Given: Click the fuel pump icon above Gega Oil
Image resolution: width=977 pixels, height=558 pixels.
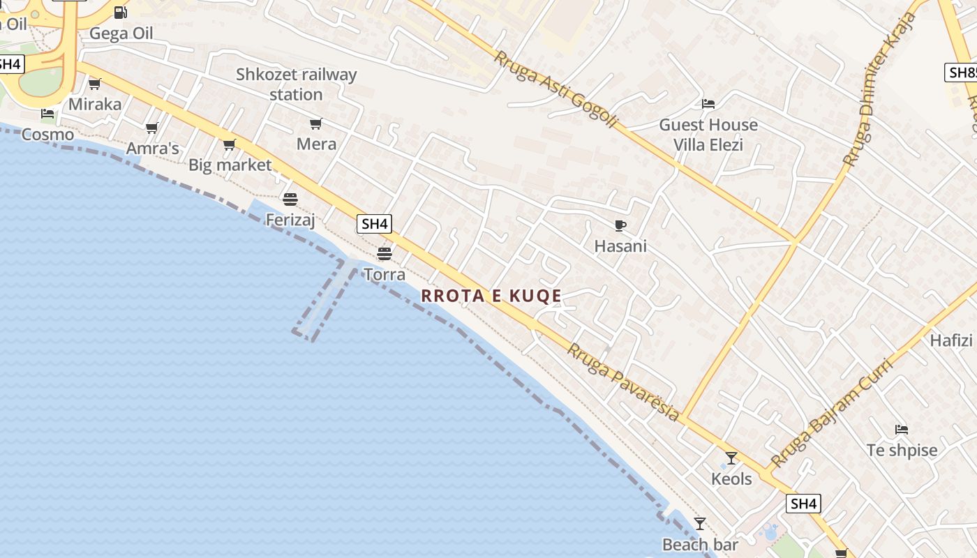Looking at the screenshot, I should click(121, 13).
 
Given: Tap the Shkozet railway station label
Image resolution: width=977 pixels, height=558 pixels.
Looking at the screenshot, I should click(296, 84).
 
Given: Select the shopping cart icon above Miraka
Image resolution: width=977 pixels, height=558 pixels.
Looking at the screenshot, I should click(95, 84).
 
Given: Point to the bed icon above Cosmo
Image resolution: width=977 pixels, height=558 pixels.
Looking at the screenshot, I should click(47, 114).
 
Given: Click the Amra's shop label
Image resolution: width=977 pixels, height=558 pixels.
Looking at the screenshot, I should click(153, 148).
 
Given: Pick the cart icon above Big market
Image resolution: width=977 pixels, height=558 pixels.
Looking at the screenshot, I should click(230, 145).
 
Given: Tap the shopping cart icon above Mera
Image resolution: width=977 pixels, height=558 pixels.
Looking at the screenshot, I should click(316, 124).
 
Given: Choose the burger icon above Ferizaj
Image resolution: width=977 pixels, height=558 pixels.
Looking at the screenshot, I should click(290, 199).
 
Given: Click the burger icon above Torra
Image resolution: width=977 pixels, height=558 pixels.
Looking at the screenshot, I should click(385, 253).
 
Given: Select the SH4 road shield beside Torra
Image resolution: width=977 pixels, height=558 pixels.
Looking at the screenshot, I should click(375, 224).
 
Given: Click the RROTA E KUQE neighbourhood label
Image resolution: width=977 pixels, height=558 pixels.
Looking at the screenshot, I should click(491, 296).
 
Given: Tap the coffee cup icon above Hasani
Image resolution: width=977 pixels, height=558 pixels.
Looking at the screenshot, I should click(620, 225).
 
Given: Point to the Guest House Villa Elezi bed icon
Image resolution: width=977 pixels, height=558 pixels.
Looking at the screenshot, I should click(708, 104).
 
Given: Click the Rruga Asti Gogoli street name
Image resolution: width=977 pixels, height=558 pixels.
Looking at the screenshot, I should click(555, 89).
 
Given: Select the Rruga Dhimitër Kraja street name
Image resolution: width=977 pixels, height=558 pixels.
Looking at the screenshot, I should click(879, 89).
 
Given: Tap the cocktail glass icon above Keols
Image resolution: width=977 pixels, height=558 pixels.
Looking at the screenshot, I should click(731, 458).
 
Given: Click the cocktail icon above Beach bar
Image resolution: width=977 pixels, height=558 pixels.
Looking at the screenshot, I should click(700, 524).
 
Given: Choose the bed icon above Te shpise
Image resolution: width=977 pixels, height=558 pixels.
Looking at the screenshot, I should click(902, 430).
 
